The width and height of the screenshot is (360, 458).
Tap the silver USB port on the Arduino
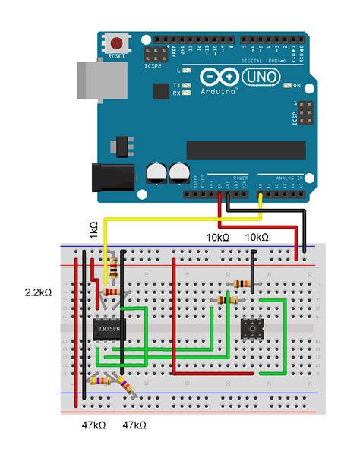click(x=93, y=78)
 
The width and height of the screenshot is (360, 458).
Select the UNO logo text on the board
click(x=261, y=77)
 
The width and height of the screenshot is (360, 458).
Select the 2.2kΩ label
click(x=36, y=292)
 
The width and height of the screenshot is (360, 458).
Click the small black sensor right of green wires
click(x=251, y=328)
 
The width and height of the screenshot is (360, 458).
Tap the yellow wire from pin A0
click(x=182, y=220)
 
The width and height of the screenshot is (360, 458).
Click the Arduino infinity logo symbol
click(x=219, y=77)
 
